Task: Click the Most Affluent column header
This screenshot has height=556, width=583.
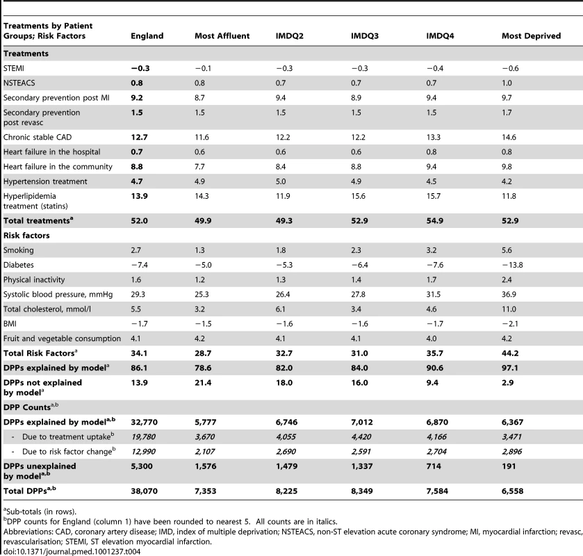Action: (222, 36)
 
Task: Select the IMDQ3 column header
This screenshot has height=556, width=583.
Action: (365, 36)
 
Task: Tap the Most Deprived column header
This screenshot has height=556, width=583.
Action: (531, 36)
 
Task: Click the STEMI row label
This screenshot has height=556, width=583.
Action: (14, 68)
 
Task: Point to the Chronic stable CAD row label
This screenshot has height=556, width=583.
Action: (38, 137)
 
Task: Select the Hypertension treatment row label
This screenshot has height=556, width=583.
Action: (45, 181)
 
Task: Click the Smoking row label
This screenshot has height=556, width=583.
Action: (19, 250)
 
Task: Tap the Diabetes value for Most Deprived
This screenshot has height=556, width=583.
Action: (512, 265)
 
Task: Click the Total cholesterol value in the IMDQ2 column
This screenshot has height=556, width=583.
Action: (280, 309)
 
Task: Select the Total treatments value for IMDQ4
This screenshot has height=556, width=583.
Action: (435, 221)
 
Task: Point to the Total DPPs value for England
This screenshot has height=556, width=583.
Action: (145, 491)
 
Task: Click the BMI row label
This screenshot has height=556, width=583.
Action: (10, 324)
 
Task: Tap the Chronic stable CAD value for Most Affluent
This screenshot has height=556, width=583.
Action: (202, 137)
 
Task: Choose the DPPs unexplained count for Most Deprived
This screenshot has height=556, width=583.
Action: (509, 466)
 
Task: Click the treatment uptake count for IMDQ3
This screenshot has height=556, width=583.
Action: (361, 437)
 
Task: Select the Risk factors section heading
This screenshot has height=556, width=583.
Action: (26, 236)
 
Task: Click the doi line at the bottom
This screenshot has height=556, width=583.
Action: (72, 552)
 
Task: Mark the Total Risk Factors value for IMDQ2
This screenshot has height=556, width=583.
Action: (284, 353)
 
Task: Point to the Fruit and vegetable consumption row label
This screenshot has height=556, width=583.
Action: (62, 338)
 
